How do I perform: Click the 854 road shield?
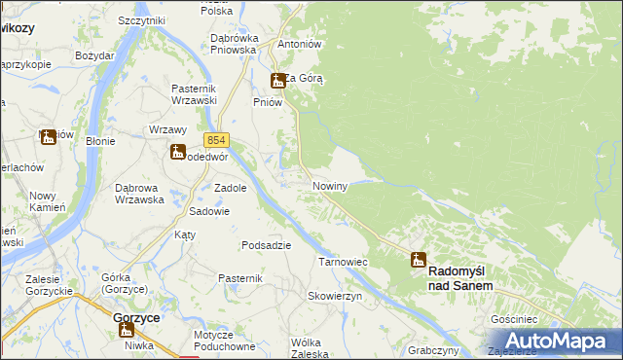216,140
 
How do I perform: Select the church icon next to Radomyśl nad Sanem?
419,260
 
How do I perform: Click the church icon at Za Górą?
278,81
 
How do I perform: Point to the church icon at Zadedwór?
178,151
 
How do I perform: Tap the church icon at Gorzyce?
126,331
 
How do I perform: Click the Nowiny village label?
330,185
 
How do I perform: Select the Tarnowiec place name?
343,262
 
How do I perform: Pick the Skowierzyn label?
335,295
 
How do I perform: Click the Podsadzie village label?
266,245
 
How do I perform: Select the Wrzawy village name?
166,129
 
